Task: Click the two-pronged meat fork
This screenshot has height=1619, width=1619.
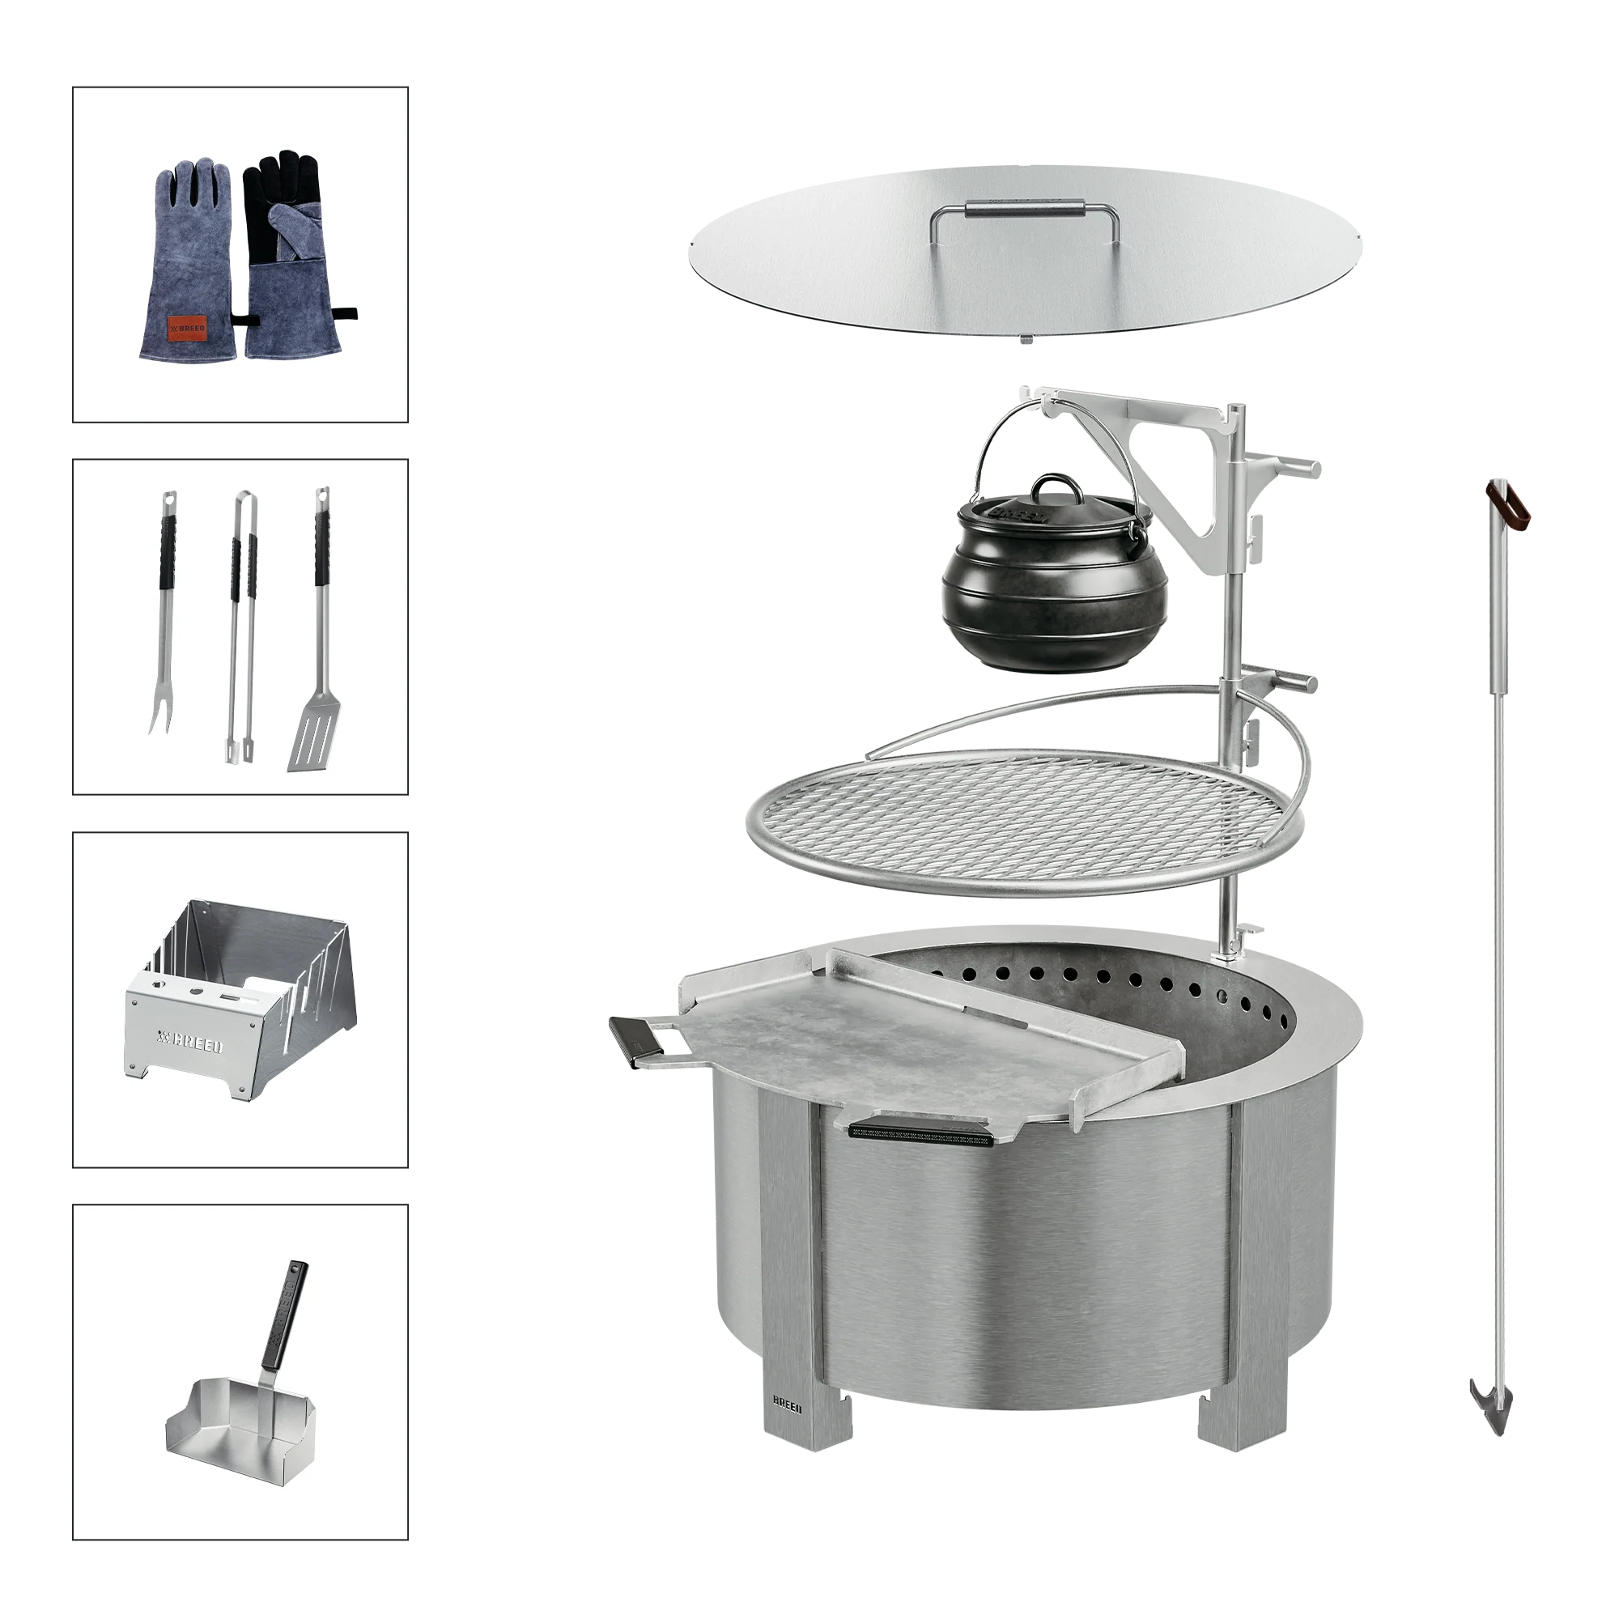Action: (x=164, y=612)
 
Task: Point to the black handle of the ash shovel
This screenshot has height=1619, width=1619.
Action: (x=285, y=1315)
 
